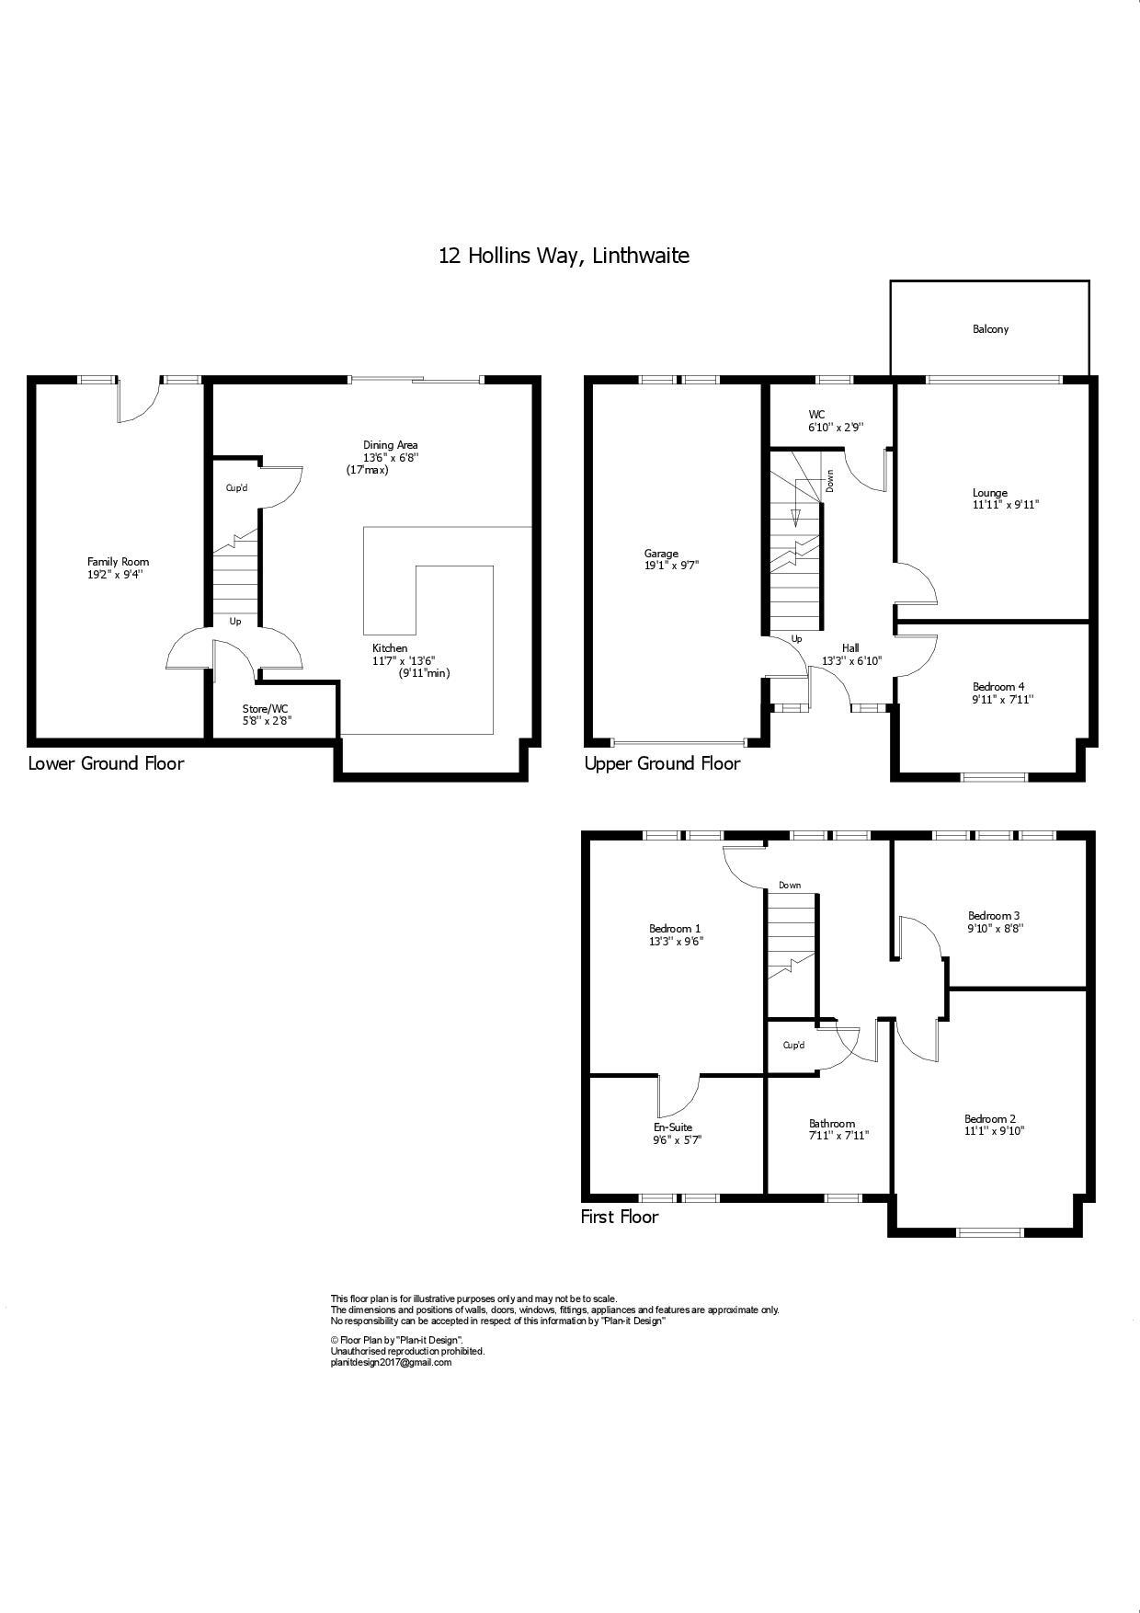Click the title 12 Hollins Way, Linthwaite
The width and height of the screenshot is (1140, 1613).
click(564, 256)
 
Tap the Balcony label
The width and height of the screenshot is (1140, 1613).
click(990, 328)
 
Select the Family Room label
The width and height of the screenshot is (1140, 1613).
click(118, 562)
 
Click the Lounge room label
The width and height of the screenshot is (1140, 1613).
click(989, 493)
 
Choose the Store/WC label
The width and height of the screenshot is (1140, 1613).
click(266, 708)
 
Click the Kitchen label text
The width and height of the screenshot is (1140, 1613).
click(390, 648)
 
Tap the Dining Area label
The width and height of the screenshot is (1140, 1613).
click(391, 445)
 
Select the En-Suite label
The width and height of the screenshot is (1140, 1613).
click(673, 1127)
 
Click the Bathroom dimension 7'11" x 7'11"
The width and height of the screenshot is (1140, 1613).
click(838, 1136)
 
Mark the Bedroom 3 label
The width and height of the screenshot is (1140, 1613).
click(994, 915)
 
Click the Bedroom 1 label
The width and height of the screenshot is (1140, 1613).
click(675, 929)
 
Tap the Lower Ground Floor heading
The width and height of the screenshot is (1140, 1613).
click(106, 763)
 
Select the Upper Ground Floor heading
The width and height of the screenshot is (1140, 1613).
click(662, 763)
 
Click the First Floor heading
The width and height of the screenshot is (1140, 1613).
click(620, 1217)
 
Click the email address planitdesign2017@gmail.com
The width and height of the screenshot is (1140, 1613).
click(391, 1362)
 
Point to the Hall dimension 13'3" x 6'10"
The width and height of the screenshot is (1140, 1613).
click(851, 660)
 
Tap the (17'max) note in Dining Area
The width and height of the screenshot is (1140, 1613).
click(367, 470)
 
